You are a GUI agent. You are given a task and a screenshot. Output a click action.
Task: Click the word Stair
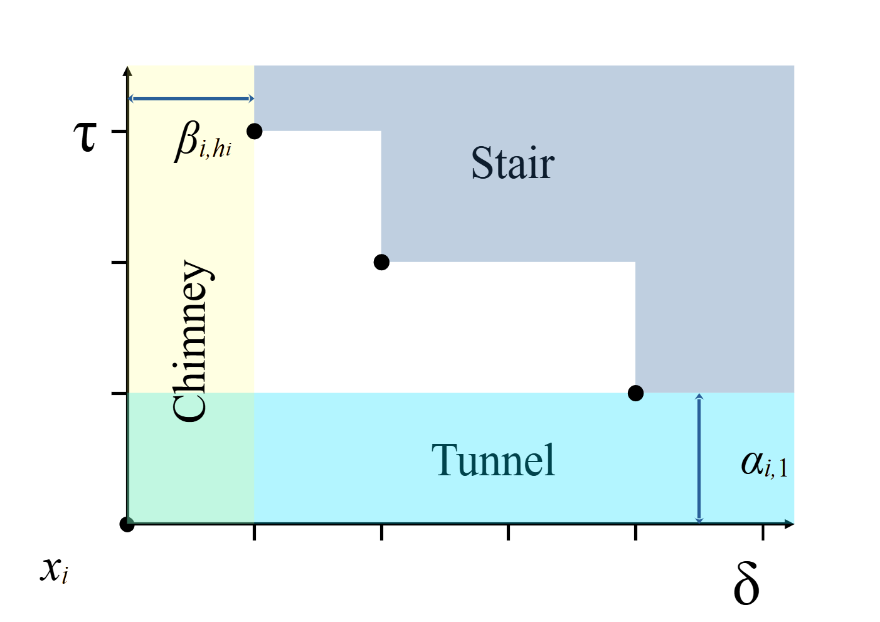(x=512, y=163)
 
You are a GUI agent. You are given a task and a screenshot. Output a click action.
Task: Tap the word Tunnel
(x=493, y=460)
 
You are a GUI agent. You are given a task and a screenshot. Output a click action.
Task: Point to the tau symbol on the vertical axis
(x=85, y=136)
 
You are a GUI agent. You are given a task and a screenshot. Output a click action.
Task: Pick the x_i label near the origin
(x=54, y=569)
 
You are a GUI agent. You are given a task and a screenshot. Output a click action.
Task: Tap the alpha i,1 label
(x=764, y=463)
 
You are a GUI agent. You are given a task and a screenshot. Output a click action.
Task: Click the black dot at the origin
(x=127, y=524)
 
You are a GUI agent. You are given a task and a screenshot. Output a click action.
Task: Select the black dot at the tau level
(x=254, y=131)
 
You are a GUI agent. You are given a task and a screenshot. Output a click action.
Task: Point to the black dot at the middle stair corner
(x=381, y=262)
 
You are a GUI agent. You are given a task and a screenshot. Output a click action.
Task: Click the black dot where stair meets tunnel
(x=635, y=393)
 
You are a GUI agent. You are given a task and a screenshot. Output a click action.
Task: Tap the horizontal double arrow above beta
(x=191, y=98)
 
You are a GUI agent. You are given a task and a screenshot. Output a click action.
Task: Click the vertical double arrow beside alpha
(x=699, y=458)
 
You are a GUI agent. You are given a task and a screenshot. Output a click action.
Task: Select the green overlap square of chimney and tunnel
(x=191, y=458)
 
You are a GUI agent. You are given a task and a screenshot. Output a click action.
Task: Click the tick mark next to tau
(x=119, y=131)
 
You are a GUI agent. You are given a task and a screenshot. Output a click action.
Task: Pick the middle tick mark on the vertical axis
(x=119, y=262)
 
